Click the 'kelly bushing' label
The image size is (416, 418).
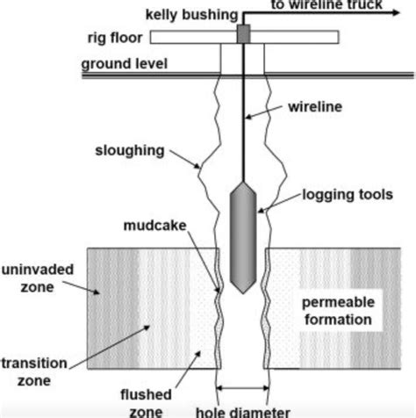[191, 15]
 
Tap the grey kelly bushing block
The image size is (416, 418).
[243, 34]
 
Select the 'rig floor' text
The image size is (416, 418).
[115, 38]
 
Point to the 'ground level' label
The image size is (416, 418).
[125, 64]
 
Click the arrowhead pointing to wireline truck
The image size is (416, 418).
[396, 12]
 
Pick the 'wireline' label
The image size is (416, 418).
[315, 107]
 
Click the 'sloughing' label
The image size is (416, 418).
[130, 151]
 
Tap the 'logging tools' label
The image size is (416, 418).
[348, 195]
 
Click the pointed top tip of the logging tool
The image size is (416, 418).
[243, 183]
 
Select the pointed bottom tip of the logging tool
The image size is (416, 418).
[243, 292]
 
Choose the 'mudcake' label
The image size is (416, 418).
[155, 226]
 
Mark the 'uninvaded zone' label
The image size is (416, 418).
[38, 278]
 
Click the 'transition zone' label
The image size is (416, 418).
[34, 372]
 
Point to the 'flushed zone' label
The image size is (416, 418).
[146, 403]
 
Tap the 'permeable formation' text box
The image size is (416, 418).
[338, 311]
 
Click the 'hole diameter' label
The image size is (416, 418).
[243, 412]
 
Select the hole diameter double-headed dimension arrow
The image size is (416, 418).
[242, 388]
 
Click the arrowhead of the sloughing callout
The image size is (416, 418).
[197, 166]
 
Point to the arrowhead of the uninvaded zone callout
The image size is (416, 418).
[97, 292]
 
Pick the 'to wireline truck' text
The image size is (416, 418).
[326, 4]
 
